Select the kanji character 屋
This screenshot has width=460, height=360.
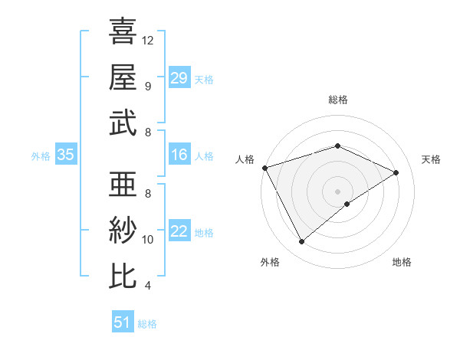[123, 77]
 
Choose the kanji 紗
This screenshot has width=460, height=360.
[123, 230]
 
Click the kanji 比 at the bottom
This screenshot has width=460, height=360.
[123, 276]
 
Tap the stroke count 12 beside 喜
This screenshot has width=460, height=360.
[149, 39]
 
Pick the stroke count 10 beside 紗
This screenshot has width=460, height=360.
[149, 240]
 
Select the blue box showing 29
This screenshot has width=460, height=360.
[179, 77]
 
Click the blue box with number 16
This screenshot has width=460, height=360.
[179, 155]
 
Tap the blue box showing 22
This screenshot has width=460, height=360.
[179, 232]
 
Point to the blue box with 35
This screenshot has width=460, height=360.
[65, 155]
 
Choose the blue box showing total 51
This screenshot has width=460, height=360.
[123, 322]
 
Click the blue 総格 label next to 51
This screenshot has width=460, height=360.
[147, 324]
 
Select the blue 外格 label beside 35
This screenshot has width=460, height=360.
[41, 156]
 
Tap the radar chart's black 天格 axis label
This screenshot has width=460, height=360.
[432, 159]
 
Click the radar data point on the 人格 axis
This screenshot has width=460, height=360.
[264, 168]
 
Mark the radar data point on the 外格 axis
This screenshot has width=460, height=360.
[301, 242]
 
